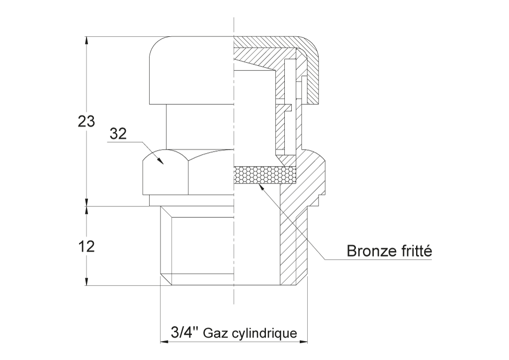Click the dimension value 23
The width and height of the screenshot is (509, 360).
tap(86, 121)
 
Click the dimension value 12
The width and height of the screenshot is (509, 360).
tap(86, 247)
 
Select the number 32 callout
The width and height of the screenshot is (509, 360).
tap(118, 133)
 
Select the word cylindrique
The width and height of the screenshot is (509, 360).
tap(265, 334)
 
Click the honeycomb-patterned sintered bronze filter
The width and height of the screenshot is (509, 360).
tap(265, 175)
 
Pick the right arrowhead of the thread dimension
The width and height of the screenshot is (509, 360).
tap(302, 342)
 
